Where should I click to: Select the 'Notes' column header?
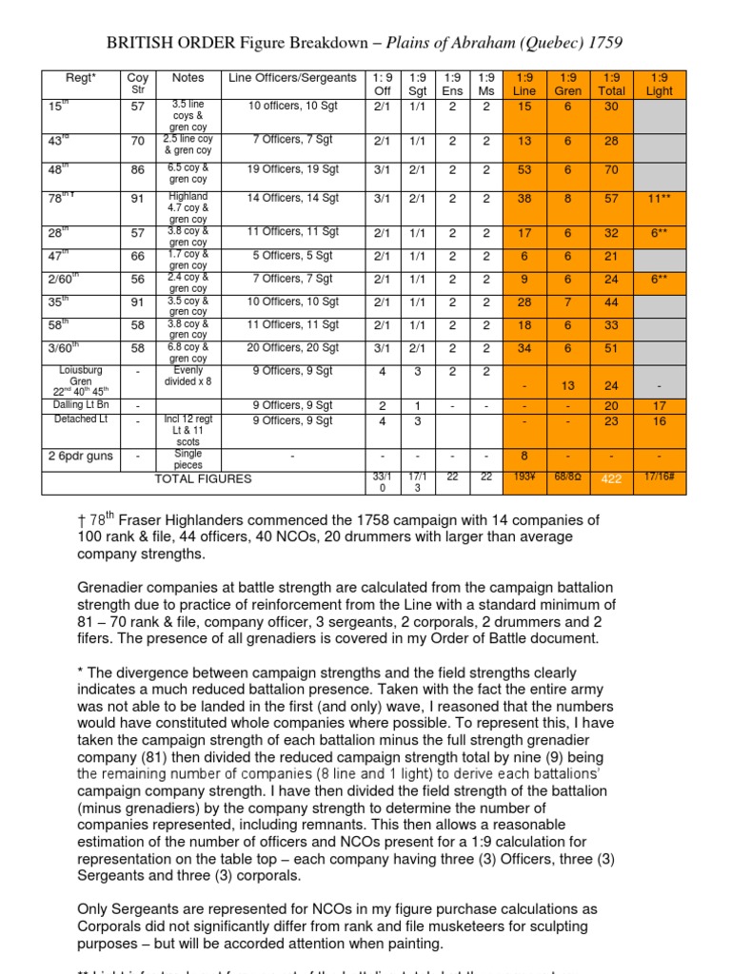[188, 77]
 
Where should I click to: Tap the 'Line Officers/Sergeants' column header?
[293, 77]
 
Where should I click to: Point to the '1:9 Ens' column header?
[452, 84]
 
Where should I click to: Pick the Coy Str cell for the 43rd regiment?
[138, 141]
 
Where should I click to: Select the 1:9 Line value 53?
[524, 169]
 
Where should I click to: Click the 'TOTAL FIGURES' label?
[204, 478]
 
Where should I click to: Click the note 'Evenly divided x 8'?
[188, 377]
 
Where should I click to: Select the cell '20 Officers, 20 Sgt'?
[293, 347]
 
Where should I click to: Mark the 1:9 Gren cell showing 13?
[568, 385]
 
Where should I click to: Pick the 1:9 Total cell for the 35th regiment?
[612, 302]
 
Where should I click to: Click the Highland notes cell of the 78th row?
[188, 209]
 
